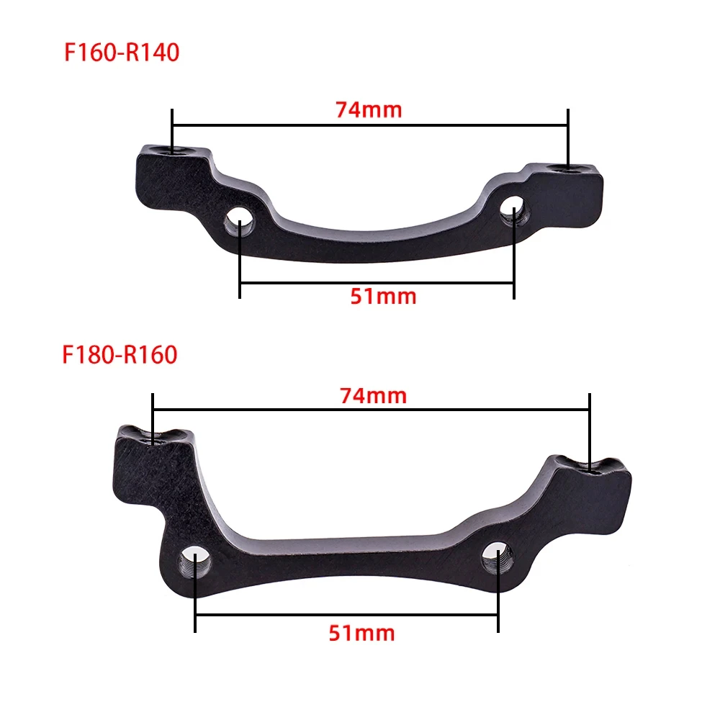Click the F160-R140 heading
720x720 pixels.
[x=121, y=53]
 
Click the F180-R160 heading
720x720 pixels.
[x=120, y=355]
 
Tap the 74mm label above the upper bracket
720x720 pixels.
[x=369, y=110]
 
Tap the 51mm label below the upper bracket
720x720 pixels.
[x=383, y=296]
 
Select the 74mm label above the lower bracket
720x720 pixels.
[x=373, y=395]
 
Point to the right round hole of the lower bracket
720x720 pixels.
[x=497, y=555]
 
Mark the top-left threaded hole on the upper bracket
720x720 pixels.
[x=172, y=151]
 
